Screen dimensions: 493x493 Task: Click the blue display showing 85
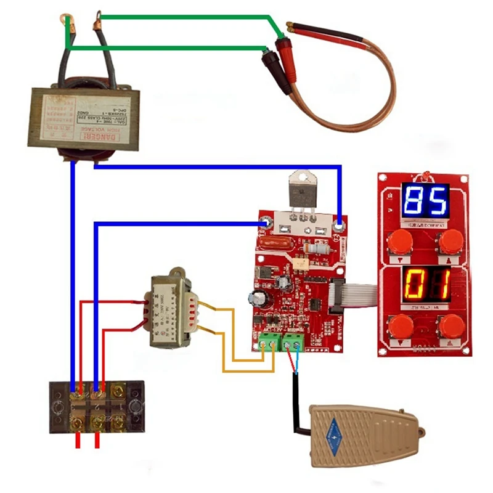[x=425, y=200]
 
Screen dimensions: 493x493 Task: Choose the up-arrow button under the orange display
[x=452, y=325]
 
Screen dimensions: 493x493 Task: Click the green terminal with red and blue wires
[x=293, y=341]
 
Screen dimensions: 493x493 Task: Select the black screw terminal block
[x=97, y=406]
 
